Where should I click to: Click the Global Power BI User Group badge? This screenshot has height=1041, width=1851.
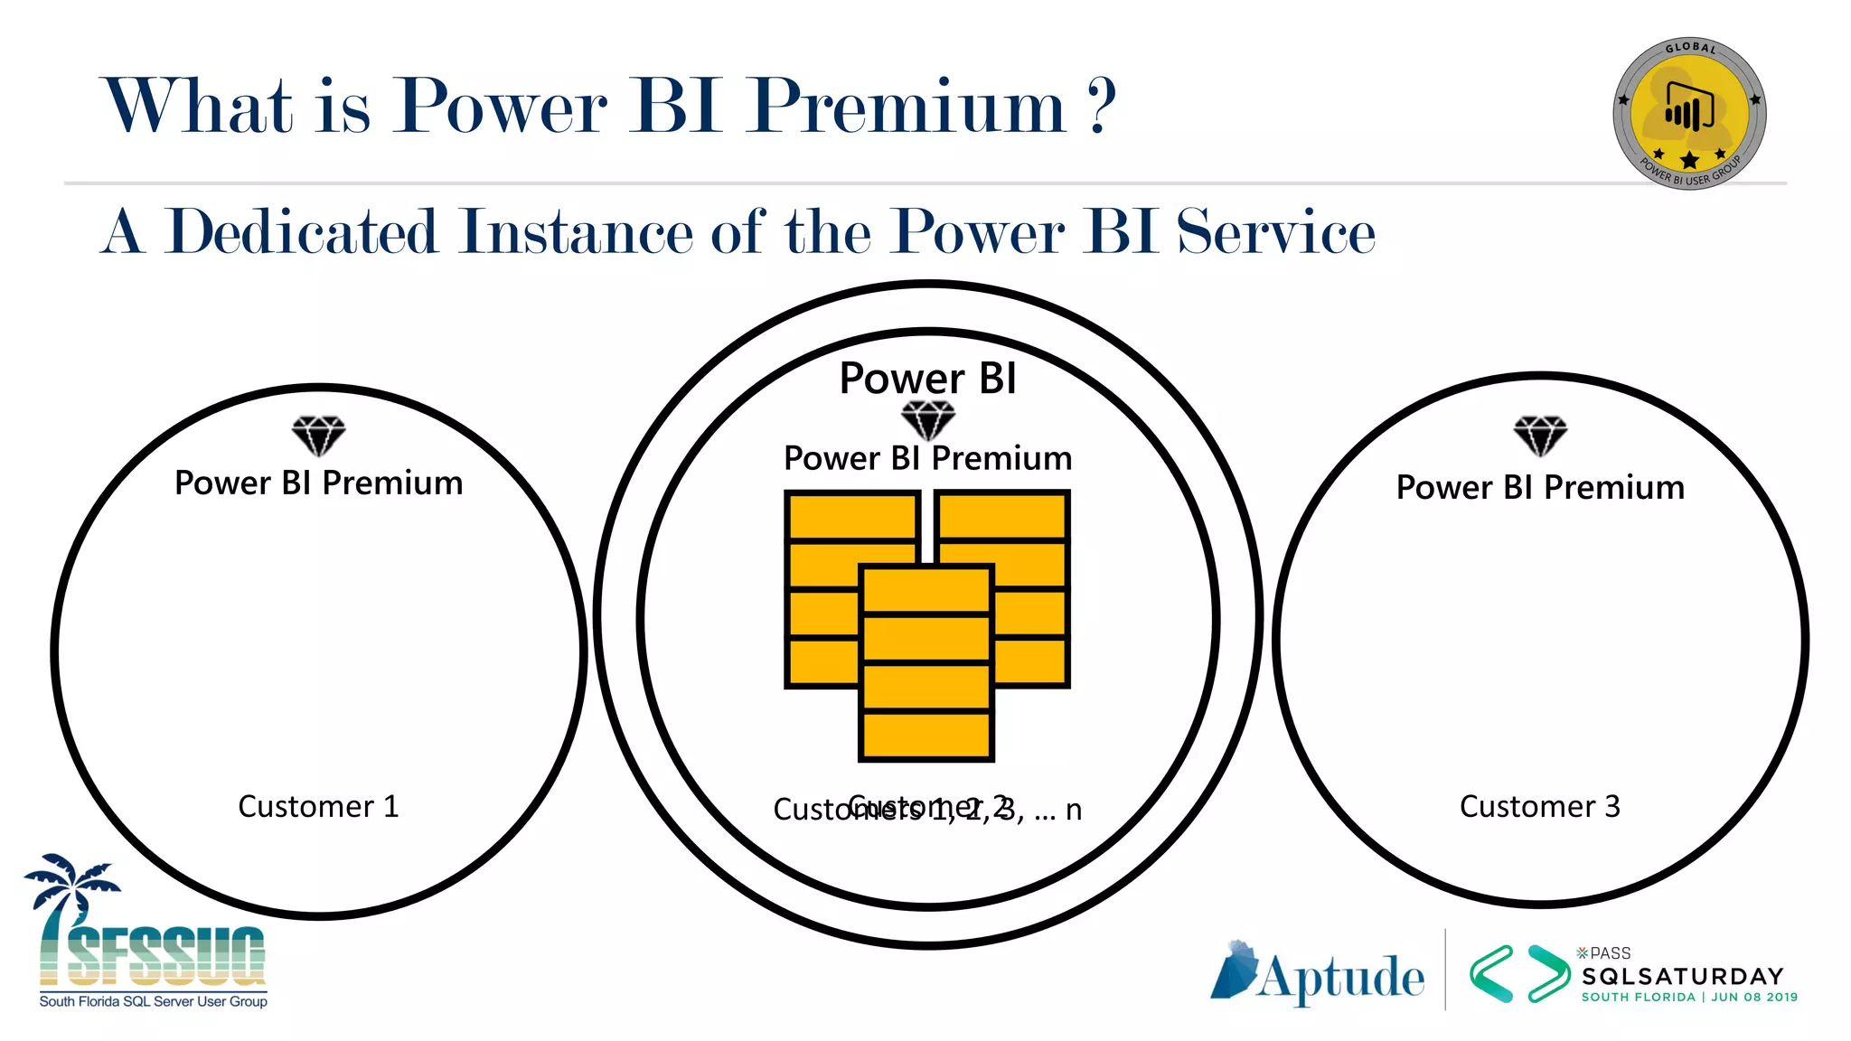pos(1689,114)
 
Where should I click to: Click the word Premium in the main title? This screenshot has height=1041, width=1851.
pos(907,107)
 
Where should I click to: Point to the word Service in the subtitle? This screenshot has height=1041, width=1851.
pos(1275,232)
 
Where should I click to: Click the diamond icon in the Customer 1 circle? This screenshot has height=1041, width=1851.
pos(318,436)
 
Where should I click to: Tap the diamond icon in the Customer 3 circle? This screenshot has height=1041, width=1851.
pos(1540,436)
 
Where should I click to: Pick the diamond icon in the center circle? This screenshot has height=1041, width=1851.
pos(928,419)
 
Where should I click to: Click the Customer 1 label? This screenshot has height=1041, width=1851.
pos(318,806)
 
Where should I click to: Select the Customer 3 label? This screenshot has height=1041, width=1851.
pos(1540,806)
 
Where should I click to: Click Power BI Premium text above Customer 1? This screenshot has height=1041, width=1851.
pos(318,483)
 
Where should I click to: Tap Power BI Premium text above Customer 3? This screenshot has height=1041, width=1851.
pos(1540,488)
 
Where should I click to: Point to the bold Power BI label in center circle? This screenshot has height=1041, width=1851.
pos(928,378)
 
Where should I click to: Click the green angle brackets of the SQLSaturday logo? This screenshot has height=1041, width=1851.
pos(1518,974)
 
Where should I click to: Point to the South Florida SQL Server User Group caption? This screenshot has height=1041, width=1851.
pos(153,1001)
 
